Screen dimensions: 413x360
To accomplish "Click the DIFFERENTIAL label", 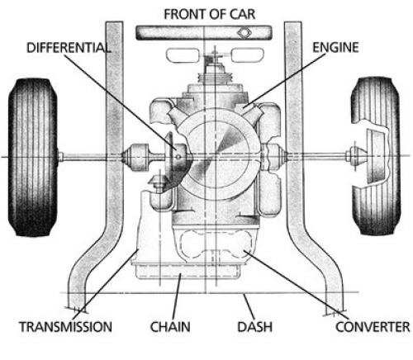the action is click(69, 48).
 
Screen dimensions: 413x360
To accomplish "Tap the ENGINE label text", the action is click(335, 47).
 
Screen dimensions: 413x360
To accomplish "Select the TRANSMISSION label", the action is click(65, 327).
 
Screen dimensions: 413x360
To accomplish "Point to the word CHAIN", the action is click(170, 327).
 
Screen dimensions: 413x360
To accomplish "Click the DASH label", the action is click(255, 327).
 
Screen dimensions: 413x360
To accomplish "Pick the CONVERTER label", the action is click(373, 327).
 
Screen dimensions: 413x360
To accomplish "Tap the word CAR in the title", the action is click(242, 14).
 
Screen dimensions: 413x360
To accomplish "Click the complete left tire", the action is click(33, 157).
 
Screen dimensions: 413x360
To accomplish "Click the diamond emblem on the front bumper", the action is click(244, 33).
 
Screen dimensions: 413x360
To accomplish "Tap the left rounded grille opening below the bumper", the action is click(183, 55).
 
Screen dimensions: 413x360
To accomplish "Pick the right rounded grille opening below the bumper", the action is click(247, 55).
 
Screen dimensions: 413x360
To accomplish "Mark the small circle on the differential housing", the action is click(178, 157).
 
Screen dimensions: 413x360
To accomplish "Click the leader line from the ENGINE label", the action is click(285, 80).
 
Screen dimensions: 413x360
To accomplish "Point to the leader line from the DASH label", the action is click(249, 306).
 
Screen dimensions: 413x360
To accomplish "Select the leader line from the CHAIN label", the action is click(177, 296).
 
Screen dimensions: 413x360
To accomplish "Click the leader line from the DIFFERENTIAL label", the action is click(121, 102).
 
